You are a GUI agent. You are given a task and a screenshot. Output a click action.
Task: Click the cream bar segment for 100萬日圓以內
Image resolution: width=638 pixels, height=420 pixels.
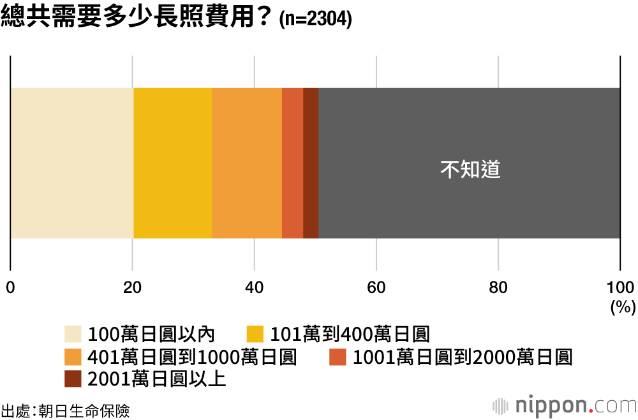[x=72, y=163]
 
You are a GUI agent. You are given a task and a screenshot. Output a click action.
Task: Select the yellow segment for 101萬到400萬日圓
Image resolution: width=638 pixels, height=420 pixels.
[x=172, y=163]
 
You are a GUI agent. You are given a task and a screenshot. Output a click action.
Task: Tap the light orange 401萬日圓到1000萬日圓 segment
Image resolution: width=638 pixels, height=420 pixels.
[x=246, y=163]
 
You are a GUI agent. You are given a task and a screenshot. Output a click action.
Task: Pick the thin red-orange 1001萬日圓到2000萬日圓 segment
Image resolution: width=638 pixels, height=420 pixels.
[x=292, y=163]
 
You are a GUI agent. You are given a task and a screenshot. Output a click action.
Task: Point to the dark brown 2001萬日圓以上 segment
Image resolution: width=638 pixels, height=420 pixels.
[x=311, y=163]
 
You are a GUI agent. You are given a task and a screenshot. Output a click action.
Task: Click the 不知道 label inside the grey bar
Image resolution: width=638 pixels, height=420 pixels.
[x=470, y=170]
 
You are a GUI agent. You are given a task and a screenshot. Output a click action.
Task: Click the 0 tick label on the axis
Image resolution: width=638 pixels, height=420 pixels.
[x=10, y=287]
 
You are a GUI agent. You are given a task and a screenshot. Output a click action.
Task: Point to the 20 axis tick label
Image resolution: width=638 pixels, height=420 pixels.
[x=132, y=287]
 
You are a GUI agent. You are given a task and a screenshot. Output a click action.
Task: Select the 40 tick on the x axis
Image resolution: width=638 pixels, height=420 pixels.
[x=254, y=287]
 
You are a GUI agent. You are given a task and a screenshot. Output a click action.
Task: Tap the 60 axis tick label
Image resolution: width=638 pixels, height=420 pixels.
[x=376, y=287]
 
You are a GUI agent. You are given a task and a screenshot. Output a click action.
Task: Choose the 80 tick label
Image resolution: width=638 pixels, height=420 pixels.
[x=498, y=287]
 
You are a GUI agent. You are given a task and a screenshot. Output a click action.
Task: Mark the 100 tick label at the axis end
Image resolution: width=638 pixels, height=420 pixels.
[x=619, y=287]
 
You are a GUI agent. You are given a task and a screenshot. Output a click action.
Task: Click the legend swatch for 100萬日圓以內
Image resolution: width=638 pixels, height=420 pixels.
[x=73, y=334]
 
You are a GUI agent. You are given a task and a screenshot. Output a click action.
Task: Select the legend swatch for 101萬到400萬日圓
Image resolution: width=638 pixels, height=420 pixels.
[x=255, y=334]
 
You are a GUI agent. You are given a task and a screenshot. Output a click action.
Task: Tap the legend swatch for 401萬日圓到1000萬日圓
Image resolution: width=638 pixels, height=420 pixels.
[x=73, y=356]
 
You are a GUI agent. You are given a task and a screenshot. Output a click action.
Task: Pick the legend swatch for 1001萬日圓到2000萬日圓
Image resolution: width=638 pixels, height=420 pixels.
[x=338, y=356]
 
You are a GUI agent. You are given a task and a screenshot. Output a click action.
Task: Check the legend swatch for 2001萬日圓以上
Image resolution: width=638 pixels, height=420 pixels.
[x=73, y=379]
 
